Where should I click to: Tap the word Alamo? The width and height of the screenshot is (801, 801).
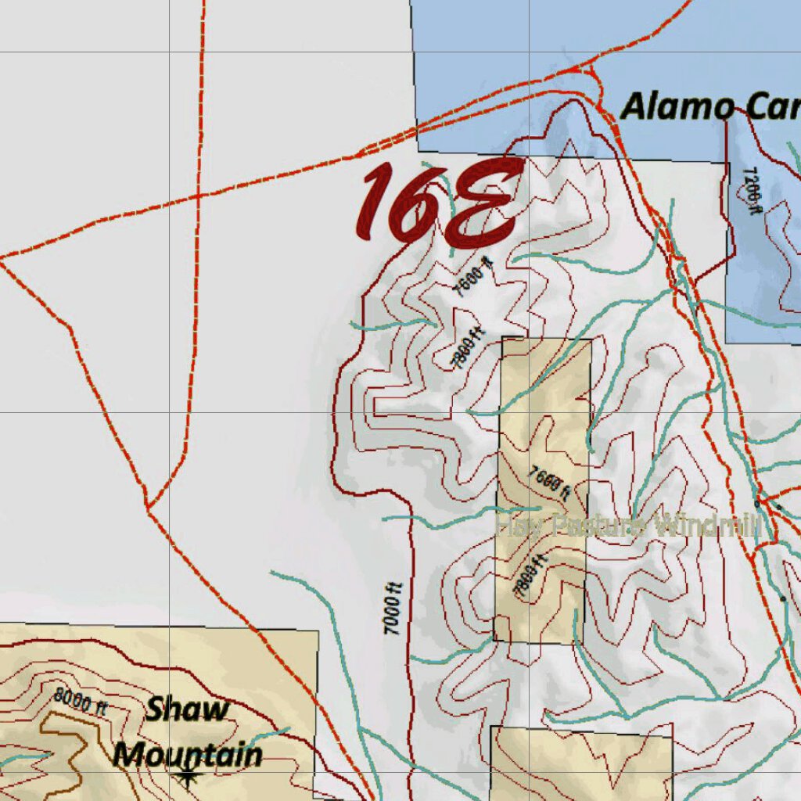pyautogui.click(x=677, y=106)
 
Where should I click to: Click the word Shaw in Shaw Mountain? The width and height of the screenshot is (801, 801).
pyautogui.click(x=188, y=710)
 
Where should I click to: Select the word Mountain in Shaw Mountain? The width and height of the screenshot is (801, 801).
pyautogui.click(x=188, y=756)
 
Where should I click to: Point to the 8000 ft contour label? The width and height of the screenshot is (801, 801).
pyautogui.click(x=80, y=701)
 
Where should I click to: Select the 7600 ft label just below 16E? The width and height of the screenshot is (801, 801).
pyautogui.click(x=474, y=278)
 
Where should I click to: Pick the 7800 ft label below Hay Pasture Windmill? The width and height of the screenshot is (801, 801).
pyautogui.click(x=531, y=577)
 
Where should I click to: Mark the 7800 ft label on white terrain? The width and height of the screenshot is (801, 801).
pyautogui.click(x=469, y=349)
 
